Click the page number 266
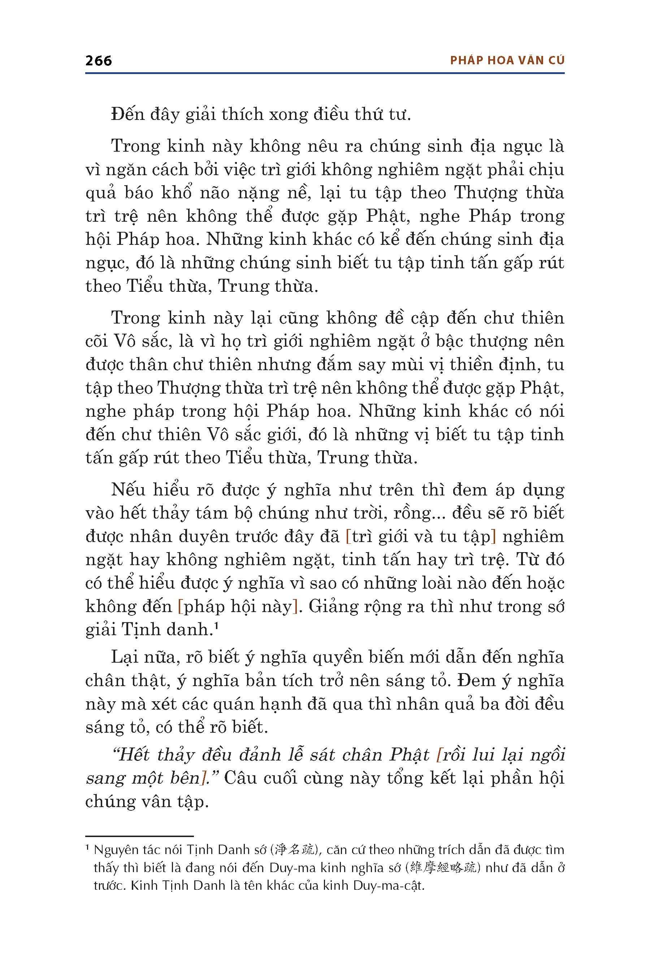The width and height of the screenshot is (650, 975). click(x=98, y=61)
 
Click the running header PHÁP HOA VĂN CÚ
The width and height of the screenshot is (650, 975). click(x=507, y=61)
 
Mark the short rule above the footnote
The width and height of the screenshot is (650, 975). click(x=139, y=836)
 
